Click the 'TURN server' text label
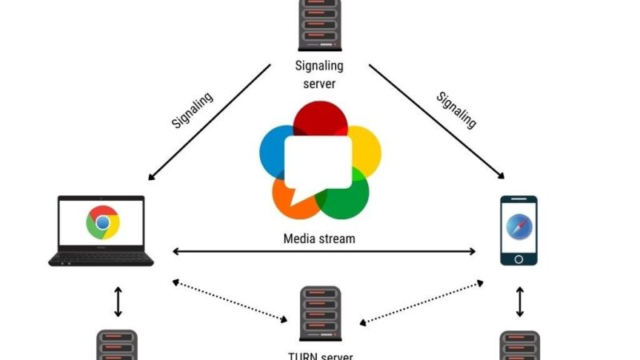point(319,355)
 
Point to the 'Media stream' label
point(319,238)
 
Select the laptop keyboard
point(101,258)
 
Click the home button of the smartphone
point(518,258)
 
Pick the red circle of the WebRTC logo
point(319,120)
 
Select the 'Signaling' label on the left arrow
point(193,110)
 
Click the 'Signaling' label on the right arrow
point(456,110)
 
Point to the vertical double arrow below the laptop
point(118,302)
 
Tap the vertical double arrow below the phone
point(520,302)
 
